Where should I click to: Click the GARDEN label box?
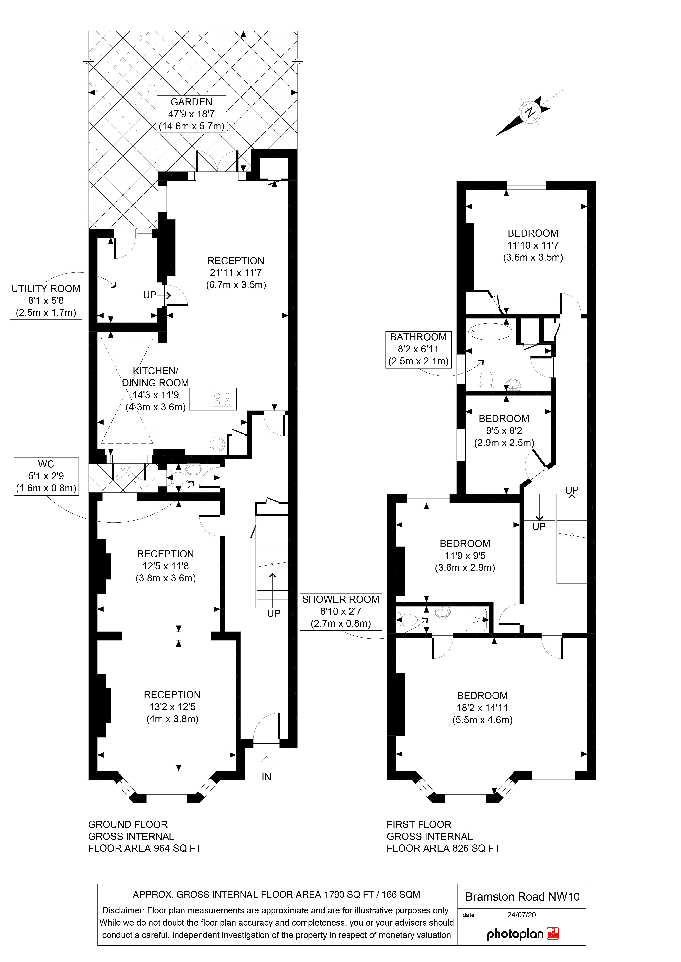(x=192, y=114)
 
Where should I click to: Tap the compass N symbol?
(x=531, y=112)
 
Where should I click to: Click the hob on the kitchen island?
(x=222, y=399)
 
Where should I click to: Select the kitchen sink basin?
(x=218, y=444)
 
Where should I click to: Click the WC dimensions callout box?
(x=46, y=476)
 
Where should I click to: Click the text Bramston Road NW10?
(x=522, y=897)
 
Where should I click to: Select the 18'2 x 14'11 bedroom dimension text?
(x=482, y=708)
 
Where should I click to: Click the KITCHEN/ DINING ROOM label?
(x=155, y=377)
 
